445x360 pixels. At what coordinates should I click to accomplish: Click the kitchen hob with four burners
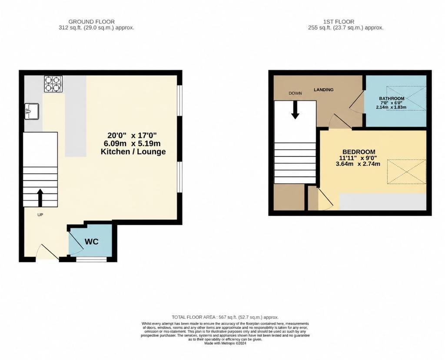point(53,84)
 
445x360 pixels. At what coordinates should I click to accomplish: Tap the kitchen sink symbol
point(31,111)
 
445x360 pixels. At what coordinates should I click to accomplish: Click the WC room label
point(92,242)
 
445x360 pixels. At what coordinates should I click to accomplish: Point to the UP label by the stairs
point(40,215)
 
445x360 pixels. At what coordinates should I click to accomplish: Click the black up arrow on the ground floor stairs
point(40,198)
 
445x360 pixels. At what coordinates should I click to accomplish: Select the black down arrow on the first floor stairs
point(295,110)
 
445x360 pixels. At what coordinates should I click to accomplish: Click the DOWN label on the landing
point(295,93)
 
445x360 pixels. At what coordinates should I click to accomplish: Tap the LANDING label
point(323,89)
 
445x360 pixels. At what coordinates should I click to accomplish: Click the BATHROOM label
point(392,99)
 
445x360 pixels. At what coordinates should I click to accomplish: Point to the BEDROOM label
point(359,152)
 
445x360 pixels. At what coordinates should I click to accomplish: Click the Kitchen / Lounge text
point(133,152)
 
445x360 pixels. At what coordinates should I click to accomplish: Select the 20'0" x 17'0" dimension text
point(132,135)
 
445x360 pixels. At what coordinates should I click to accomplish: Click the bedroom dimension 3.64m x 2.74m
point(358,164)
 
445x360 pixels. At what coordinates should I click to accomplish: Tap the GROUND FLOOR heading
point(91,22)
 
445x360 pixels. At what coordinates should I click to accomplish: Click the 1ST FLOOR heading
point(339,22)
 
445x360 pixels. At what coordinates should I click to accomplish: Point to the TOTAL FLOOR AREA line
point(225,317)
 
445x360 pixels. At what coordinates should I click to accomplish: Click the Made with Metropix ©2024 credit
point(226,343)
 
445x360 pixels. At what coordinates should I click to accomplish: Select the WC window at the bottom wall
point(91,259)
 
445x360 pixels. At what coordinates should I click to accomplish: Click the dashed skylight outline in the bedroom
point(407,172)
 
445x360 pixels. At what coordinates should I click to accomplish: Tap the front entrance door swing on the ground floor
point(47,251)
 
